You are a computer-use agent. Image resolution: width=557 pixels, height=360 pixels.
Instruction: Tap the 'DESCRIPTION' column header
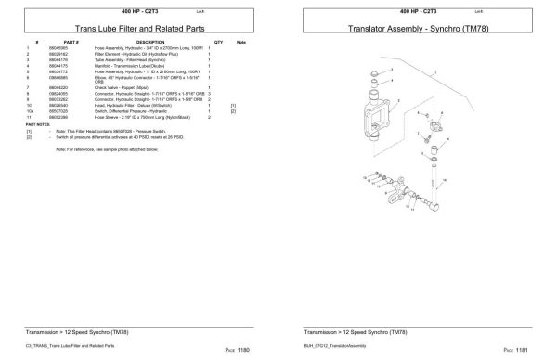pyautogui.click(x=149, y=43)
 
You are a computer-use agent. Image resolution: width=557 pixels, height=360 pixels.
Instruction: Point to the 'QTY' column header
pyautogui.click(x=219, y=43)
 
